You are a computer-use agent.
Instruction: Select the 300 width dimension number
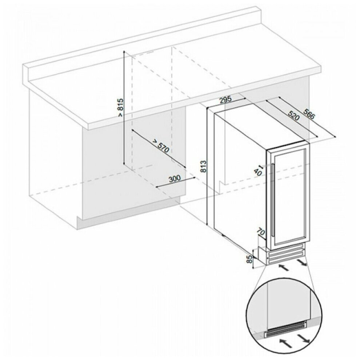coord(175,179)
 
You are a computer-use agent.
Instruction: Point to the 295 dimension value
coord(225,100)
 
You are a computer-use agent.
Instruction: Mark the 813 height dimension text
coord(203,167)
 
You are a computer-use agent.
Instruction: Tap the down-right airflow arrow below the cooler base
coord(301,262)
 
